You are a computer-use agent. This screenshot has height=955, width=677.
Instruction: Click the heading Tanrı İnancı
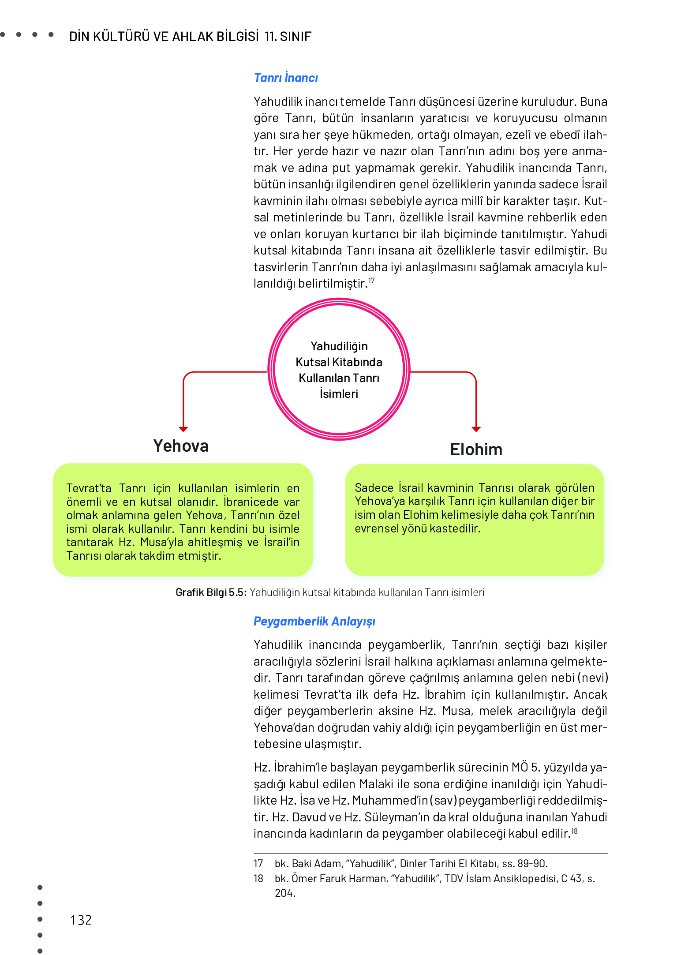(286, 78)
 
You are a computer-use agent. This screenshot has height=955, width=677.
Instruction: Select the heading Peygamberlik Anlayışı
(314, 622)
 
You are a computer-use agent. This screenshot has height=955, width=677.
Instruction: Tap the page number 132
(81, 920)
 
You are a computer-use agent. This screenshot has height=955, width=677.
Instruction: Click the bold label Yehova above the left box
(181, 446)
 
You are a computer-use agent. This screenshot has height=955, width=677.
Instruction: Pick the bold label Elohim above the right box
(476, 449)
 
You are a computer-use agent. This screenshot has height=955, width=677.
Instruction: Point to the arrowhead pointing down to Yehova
(183, 429)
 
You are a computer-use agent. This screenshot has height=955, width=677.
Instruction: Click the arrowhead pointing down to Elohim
(476, 429)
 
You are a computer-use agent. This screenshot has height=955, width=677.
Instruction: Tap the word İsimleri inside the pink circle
(339, 394)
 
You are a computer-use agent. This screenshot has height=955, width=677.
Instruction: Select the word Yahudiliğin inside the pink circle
(339, 346)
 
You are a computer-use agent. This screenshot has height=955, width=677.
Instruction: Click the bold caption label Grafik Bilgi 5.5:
(211, 592)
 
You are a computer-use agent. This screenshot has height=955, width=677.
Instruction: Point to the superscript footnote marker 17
(371, 281)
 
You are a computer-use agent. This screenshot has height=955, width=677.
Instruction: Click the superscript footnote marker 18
(574, 831)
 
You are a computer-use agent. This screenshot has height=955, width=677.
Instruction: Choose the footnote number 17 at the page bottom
(258, 864)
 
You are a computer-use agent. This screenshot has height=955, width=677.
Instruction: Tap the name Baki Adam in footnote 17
(317, 864)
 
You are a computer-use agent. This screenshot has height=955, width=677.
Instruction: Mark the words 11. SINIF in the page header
(288, 37)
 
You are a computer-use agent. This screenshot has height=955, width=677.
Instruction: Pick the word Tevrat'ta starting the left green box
(89, 489)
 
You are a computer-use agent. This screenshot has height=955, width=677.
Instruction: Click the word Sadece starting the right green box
(374, 488)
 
